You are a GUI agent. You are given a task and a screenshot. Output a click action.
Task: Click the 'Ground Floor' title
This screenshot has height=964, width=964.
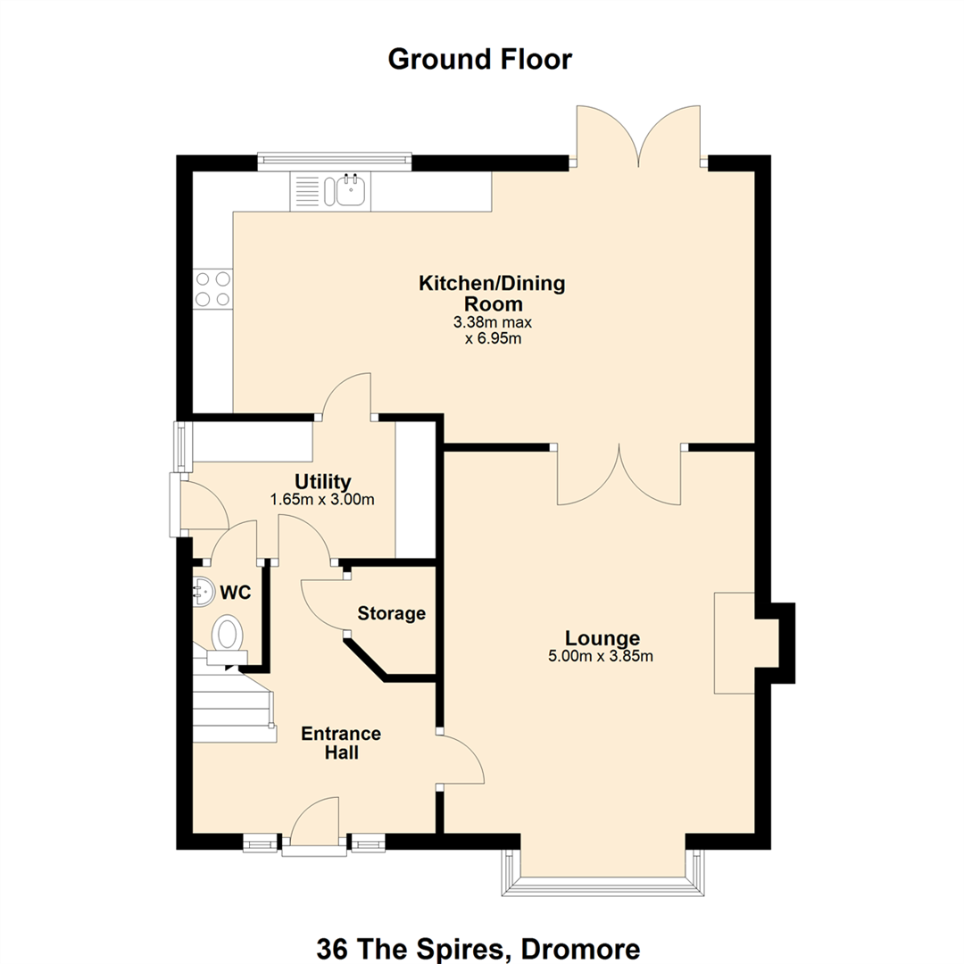(x=479, y=60)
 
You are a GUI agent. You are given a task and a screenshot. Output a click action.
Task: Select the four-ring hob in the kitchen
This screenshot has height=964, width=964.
(x=212, y=289)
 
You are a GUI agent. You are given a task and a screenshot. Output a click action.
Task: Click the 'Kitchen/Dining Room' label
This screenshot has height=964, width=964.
(x=493, y=294)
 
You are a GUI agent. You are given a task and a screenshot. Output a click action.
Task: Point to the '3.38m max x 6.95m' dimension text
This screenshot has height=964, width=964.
(x=493, y=330)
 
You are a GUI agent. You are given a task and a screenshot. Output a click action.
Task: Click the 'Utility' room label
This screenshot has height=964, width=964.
(x=323, y=481)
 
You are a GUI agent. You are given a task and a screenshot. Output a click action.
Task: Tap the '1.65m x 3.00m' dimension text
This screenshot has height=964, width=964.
(x=322, y=499)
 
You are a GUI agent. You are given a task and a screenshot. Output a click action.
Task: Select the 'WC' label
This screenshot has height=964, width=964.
(x=236, y=593)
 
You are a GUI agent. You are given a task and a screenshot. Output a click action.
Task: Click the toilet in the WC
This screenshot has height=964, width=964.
(x=228, y=639)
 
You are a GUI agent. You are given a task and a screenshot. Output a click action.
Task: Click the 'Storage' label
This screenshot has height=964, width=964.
(x=392, y=613)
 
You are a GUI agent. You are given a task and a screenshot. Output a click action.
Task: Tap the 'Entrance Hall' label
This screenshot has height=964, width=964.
(x=341, y=743)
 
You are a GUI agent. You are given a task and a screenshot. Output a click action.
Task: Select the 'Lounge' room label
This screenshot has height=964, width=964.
(x=602, y=637)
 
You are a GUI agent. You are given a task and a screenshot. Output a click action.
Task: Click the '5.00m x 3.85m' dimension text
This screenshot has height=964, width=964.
(x=601, y=656)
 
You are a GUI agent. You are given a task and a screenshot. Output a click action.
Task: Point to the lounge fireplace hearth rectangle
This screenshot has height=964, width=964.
(x=734, y=643)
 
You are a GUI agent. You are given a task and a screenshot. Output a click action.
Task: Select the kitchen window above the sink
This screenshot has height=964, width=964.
(x=335, y=161)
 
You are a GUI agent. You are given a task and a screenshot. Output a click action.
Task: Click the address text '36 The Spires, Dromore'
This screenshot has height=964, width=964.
(x=478, y=948)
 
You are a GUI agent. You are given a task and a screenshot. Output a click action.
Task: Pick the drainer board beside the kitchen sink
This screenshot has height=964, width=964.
(x=306, y=191)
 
